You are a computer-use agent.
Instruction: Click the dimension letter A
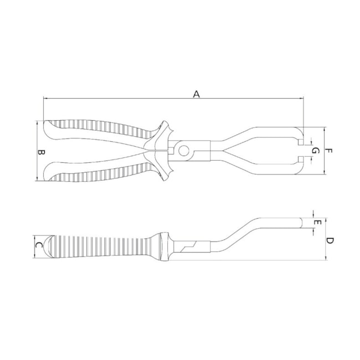[196, 94]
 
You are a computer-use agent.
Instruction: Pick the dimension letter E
[317, 223]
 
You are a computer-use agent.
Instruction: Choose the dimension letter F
[328, 151]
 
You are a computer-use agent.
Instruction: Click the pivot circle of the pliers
[183, 150]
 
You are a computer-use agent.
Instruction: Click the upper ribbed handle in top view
[100, 128]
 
